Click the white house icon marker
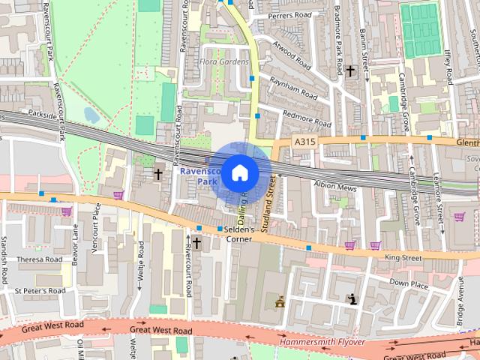click(x=239, y=173)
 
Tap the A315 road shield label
click(x=304, y=141)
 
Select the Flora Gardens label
click(x=225, y=61)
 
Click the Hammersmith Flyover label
click(x=322, y=341)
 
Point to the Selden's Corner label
click(x=236, y=234)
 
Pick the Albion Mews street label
click(x=335, y=184)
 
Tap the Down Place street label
click(x=409, y=283)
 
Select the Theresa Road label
click(x=39, y=259)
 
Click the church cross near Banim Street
click(x=350, y=71)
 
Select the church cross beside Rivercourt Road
click(x=196, y=242)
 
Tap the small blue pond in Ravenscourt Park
click(x=91, y=115)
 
